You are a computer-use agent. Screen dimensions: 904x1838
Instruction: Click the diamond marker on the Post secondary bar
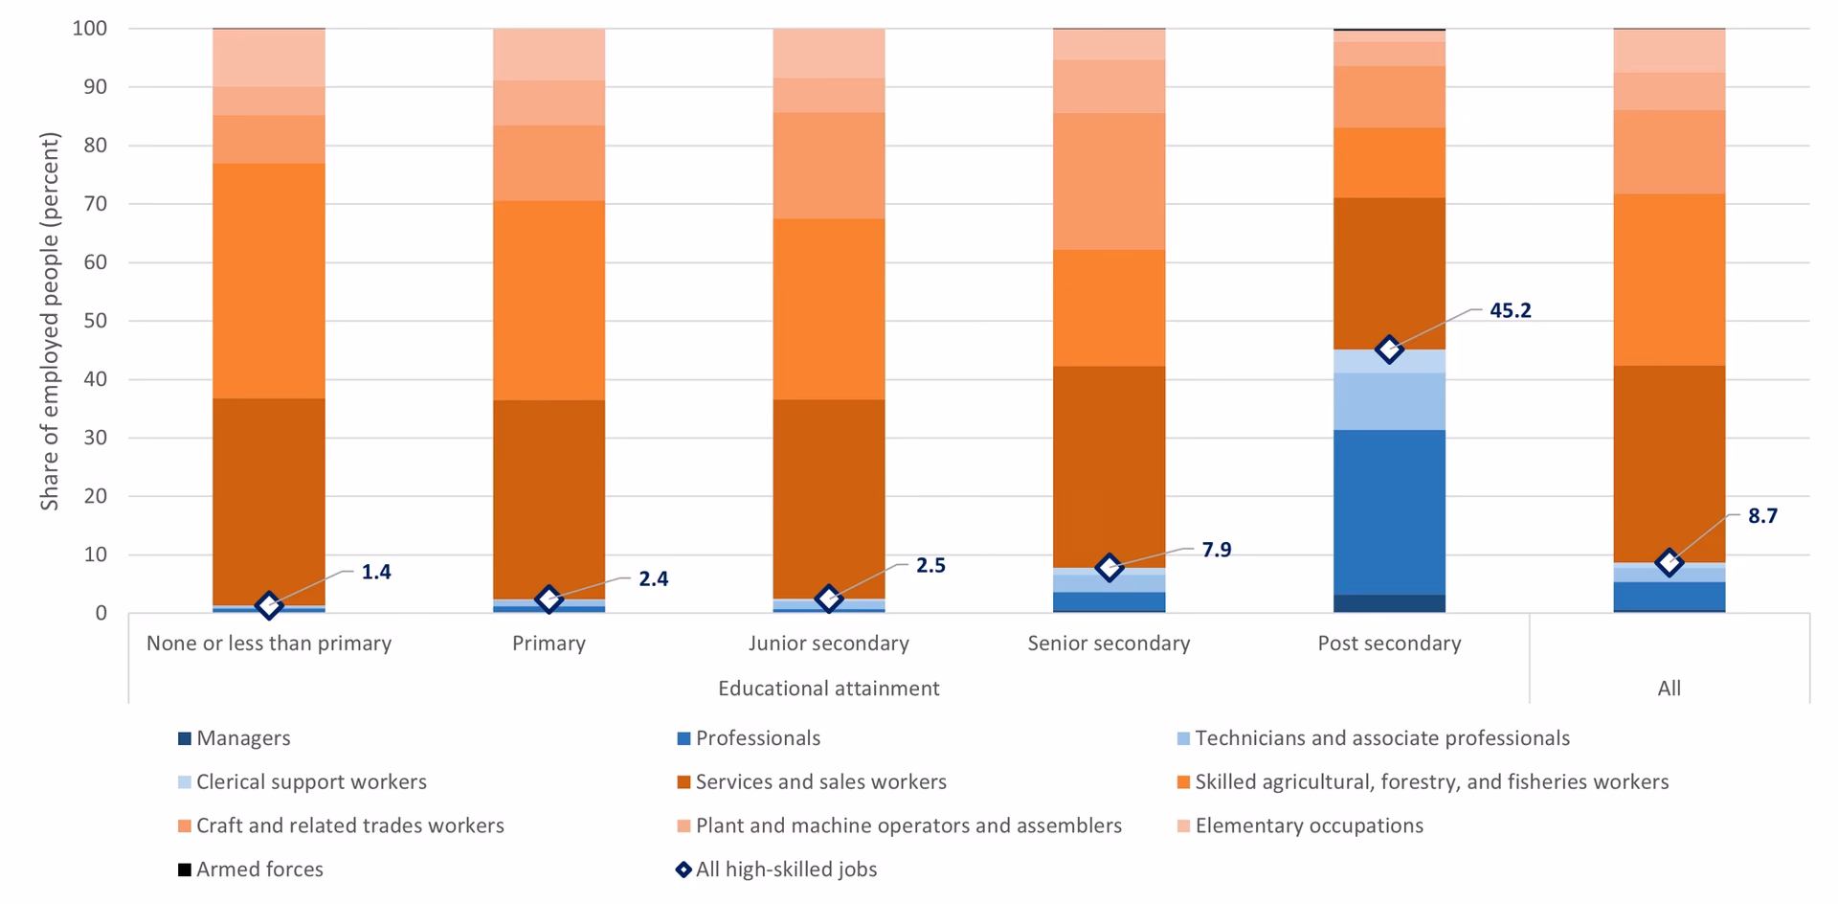click(x=1389, y=349)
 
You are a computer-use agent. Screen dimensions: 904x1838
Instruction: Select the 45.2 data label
click(x=1510, y=310)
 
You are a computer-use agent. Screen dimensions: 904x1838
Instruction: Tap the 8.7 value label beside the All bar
click(x=1762, y=516)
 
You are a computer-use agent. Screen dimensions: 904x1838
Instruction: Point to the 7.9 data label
click(x=1216, y=550)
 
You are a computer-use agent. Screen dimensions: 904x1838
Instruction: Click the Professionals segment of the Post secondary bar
click(x=1389, y=512)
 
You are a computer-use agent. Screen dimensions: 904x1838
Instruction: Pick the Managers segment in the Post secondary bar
click(x=1389, y=603)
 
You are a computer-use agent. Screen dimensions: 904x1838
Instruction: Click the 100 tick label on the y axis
click(x=89, y=29)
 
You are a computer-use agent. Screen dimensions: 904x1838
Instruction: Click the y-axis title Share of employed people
click(x=50, y=321)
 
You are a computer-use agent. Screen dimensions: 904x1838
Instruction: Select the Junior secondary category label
click(x=829, y=644)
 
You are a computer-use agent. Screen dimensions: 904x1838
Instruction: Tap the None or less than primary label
click(x=269, y=644)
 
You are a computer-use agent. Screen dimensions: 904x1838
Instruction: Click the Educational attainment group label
click(x=829, y=689)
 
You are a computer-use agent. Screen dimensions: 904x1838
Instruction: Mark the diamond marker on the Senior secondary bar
click(x=1109, y=567)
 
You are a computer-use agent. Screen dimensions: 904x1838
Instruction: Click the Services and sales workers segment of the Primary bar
click(x=549, y=498)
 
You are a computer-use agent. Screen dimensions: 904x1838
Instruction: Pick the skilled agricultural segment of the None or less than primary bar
click(x=269, y=281)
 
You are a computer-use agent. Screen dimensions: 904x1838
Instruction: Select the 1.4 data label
click(x=375, y=573)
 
